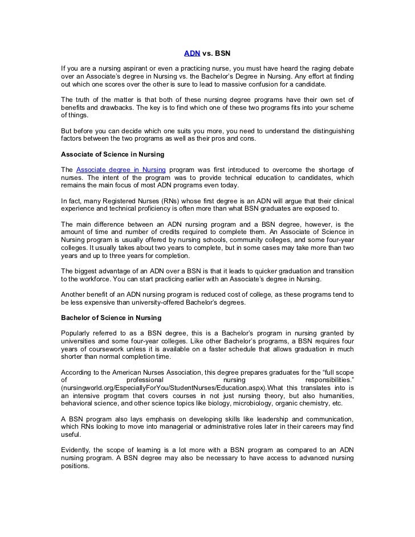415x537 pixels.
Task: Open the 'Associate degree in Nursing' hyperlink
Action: click(x=121, y=169)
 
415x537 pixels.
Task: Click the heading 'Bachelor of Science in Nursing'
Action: click(x=111, y=317)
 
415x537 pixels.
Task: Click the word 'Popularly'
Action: click(x=78, y=333)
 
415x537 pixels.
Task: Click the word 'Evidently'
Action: click(x=77, y=449)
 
